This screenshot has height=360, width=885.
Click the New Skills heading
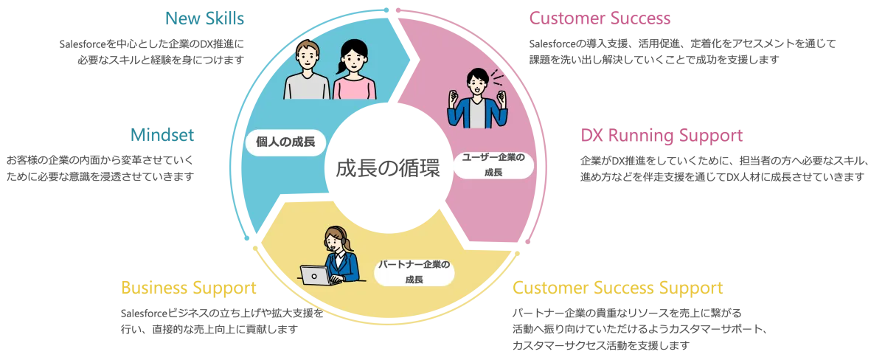coord(205,18)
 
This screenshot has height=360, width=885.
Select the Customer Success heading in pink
coord(600,19)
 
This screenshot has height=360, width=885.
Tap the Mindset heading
coord(162,134)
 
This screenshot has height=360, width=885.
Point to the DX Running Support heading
coord(661,136)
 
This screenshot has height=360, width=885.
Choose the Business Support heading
coord(188,287)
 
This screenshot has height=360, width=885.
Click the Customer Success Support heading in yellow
coord(618,287)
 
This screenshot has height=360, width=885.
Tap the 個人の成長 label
coord(285,142)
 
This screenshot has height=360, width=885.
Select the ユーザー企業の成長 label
coord(493,164)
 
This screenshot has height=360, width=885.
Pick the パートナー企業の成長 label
coord(414,271)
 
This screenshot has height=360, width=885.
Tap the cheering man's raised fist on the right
coord(504,96)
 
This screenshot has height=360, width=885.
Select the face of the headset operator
coord(335,240)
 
